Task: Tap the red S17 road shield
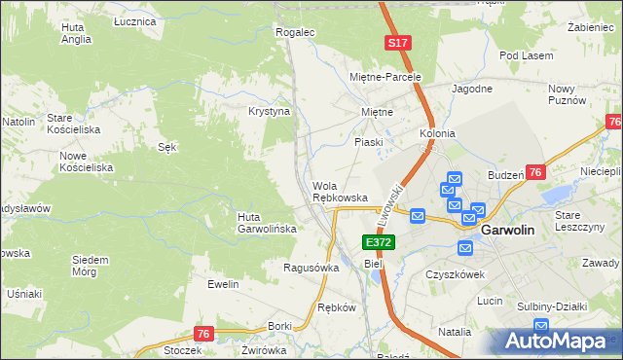pyautogui.click(x=397, y=44)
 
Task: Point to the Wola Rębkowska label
pyautogui.click(x=340, y=192)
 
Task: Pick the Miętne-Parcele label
pyautogui.click(x=385, y=76)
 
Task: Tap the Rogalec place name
pyautogui.click(x=296, y=32)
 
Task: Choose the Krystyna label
pyautogui.click(x=270, y=112)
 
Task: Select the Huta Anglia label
pyautogui.click(x=75, y=34)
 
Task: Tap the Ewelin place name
pyautogui.click(x=223, y=284)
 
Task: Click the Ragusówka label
pyautogui.click(x=311, y=268)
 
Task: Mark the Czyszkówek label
pyautogui.click(x=455, y=274)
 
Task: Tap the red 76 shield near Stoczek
pyautogui.click(x=202, y=334)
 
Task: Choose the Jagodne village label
pyautogui.click(x=472, y=89)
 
